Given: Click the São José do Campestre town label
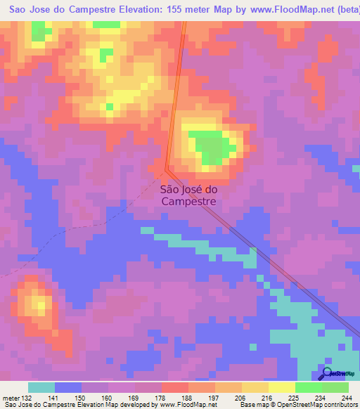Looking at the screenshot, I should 189,194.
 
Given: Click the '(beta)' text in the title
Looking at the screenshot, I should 347,11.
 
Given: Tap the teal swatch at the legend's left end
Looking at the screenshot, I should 41,387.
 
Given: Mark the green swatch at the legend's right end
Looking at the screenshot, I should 335,387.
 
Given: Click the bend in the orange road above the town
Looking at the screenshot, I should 167,169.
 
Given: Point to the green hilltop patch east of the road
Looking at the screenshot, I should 214,145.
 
